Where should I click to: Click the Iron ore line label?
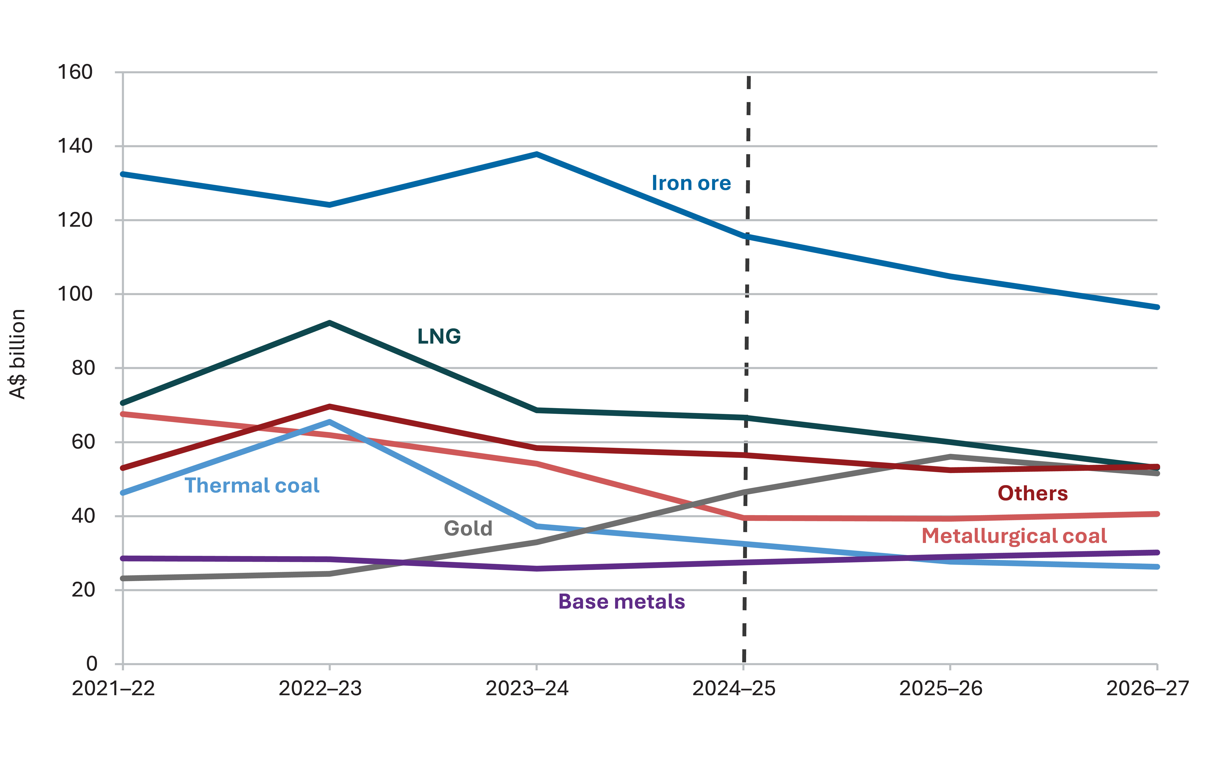pyautogui.click(x=691, y=183)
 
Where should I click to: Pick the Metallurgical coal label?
pyautogui.click(x=1014, y=536)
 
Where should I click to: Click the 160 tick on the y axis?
pyautogui.click(x=75, y=72)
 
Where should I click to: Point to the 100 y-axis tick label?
pyautogui.click(x=75, y=294)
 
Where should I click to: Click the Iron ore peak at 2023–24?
pyautogui.click(x=537, y=154)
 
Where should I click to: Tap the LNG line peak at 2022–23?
pyautogui.click(x=329, y=322)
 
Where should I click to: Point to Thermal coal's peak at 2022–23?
pyautogui.click(x=329, y=421)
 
